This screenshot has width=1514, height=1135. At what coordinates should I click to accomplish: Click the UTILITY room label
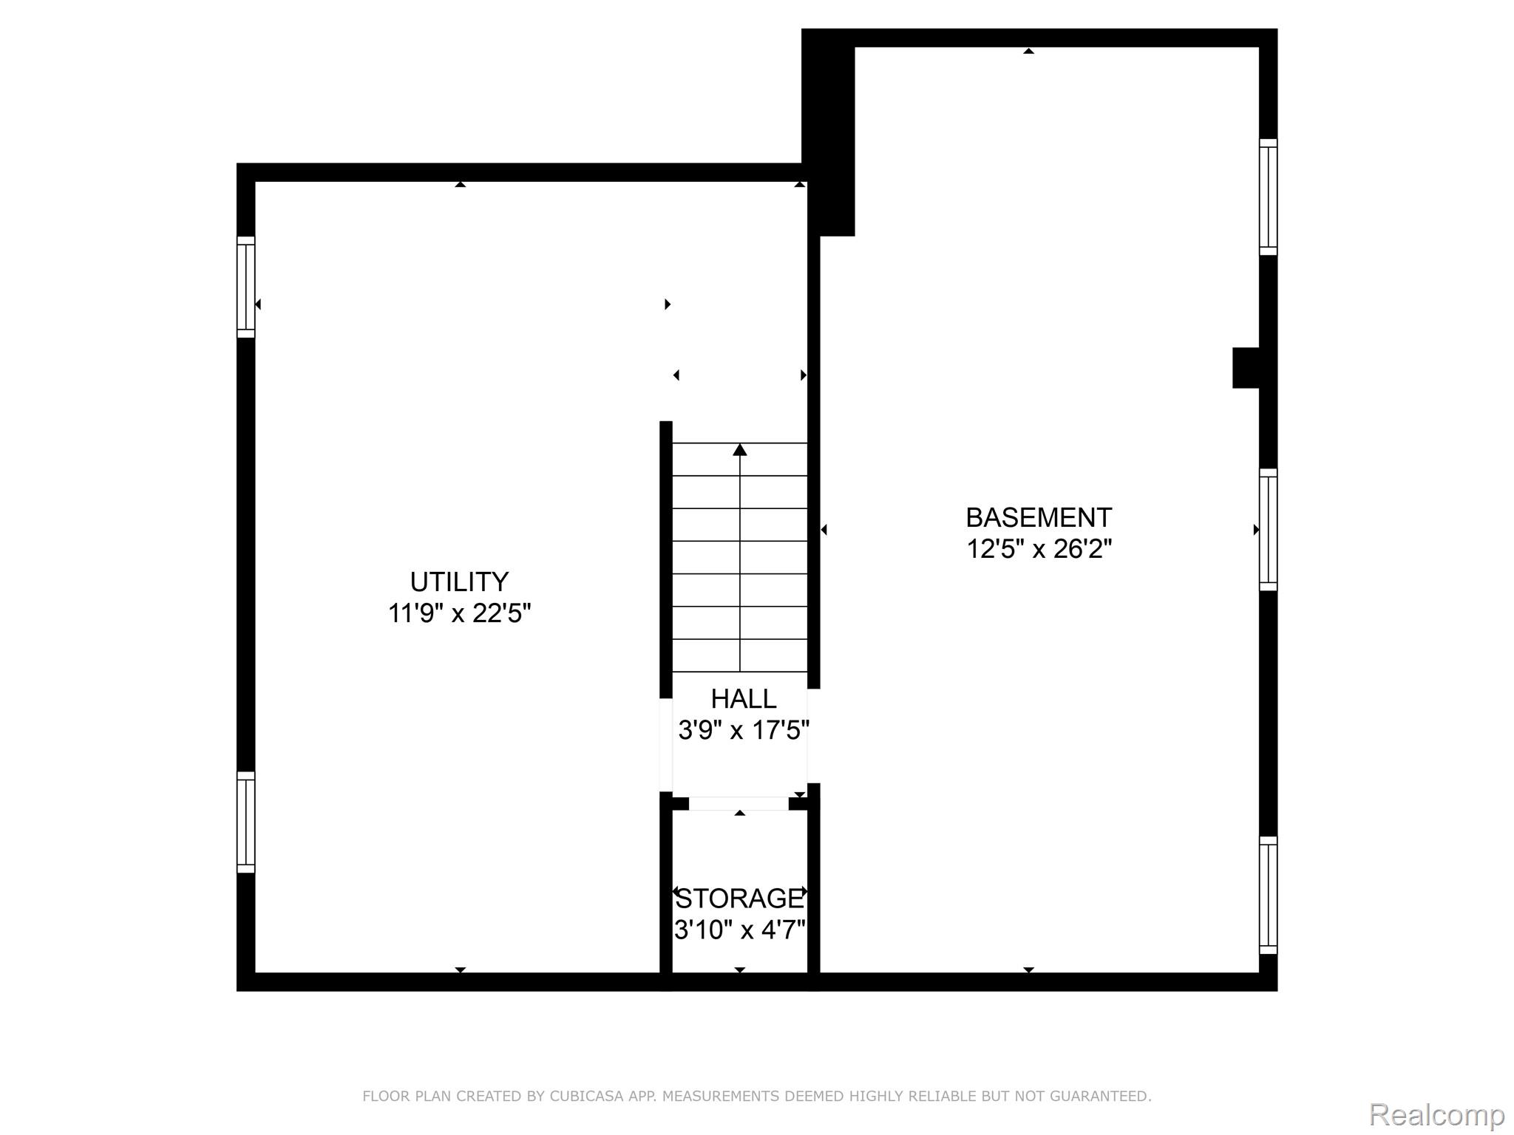pos(459,582)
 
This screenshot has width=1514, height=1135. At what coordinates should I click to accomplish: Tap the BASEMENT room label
pos(1039,517)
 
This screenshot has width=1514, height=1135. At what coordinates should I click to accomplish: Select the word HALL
pos(744,698)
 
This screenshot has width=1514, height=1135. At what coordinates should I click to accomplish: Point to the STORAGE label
pos(740,899)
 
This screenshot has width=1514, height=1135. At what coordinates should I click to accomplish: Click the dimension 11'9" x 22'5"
pos(460,613)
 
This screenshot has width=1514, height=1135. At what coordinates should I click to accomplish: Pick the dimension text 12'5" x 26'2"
pos(1039,549)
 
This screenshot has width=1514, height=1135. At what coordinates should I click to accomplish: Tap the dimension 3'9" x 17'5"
pos(744,730)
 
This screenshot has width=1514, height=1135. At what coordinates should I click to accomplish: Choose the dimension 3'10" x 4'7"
pos(740,930)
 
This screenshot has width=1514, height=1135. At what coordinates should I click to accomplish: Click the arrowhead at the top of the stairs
pos(740,449)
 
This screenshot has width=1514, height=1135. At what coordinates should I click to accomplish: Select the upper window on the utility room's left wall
pos(245,287)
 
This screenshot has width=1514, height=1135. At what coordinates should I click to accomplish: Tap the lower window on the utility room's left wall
pos(245,822)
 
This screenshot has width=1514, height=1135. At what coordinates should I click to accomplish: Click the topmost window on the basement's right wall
pos(1268,197)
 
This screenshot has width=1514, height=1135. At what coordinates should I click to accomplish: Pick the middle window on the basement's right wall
pos(1268,529)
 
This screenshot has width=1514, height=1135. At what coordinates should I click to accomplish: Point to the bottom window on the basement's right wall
pos(1268,895)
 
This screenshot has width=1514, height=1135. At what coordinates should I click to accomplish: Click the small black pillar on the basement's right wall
pos(1246,368)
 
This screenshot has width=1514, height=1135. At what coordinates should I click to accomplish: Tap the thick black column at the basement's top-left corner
pos(829,133)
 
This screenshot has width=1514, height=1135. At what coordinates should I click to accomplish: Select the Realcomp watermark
pos(1436,1114)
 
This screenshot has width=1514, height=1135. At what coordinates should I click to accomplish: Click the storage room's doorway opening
pos(739,804)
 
